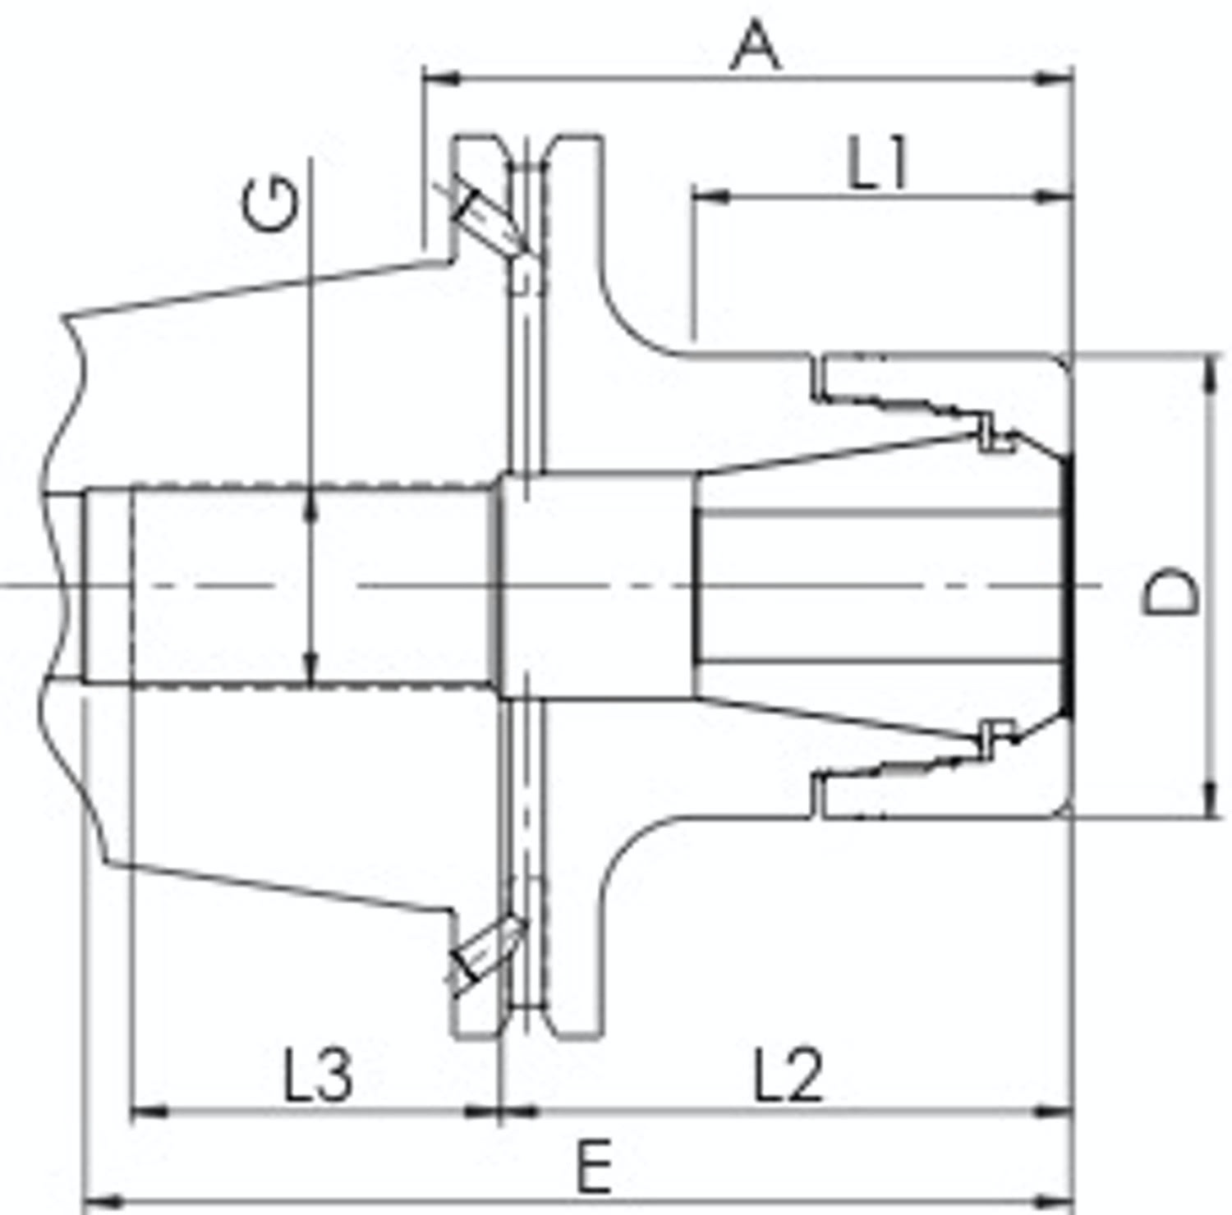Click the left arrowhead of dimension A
coord(442,80)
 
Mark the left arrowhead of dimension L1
coord(711,197)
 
